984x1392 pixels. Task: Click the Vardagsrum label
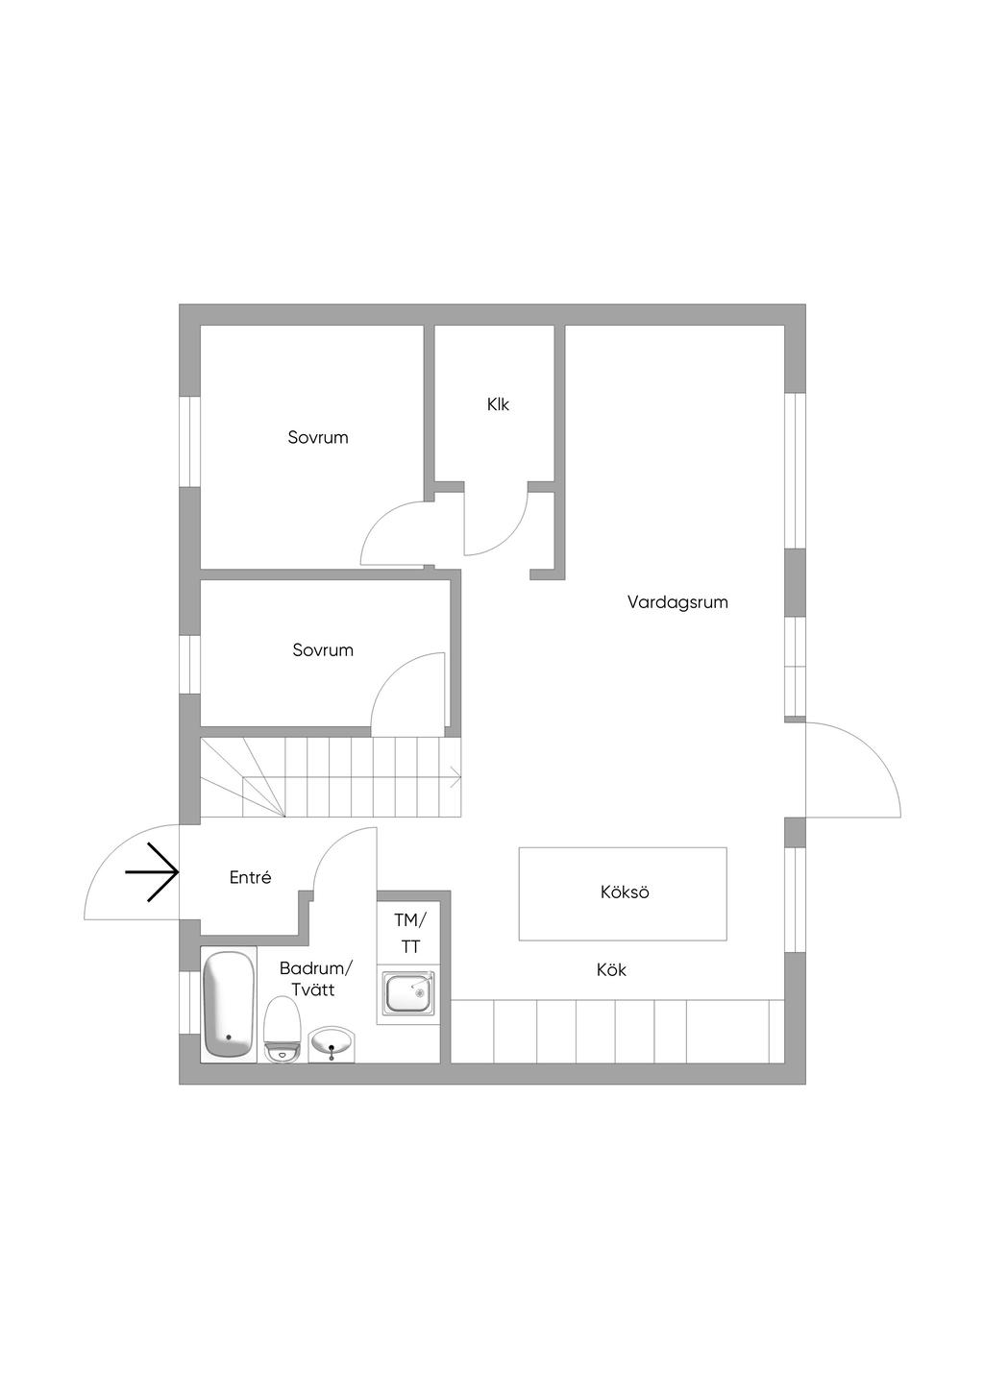click(x=677, y=602)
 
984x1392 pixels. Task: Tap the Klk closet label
click(x=498, y=404)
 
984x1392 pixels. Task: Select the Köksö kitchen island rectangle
click(x=623, y=892)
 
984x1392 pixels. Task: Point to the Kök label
click(x=611, y=969)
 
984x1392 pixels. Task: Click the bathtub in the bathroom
click(x=229, y=1004)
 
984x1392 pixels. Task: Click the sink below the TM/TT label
click(x=408, y=993)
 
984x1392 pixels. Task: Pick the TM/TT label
click(x=410, y=933)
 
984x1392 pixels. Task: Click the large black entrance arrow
click(x=153, y=872)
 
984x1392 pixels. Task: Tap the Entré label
click(x=251, y=877)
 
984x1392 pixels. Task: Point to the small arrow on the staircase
click(x=455, y=775)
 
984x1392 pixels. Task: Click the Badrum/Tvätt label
click(x=316, y=978)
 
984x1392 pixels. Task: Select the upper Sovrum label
click(x=318, y=437)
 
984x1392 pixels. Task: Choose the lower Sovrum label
click(x=323, y=649)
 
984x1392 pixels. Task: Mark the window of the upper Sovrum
click(x=190, y=441)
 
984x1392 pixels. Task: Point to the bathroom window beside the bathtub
click(x=190, y=1002)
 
